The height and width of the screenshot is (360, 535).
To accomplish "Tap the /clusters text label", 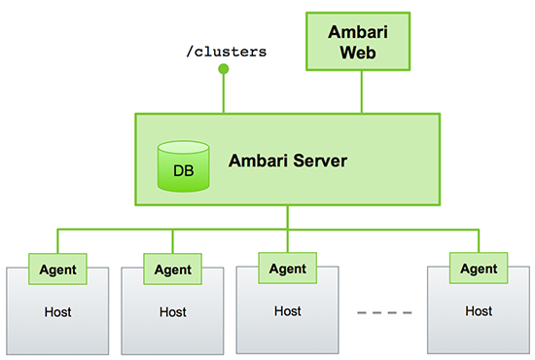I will (x=225, y=51).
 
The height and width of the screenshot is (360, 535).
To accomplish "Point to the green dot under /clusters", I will (x=224, y=69).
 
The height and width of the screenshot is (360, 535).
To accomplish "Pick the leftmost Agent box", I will (x=57, y=268).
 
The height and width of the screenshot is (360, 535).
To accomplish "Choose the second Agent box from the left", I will (x=173, y=268).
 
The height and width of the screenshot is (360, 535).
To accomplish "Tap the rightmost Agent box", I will (x=479, y=268).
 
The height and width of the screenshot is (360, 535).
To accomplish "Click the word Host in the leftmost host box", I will (x=57, y=312).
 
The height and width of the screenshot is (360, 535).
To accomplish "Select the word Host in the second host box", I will (x=173, y=312).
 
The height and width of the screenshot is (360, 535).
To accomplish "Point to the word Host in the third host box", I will (x=288, y=311).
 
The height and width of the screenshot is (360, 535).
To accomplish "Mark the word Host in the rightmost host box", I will (x=479, y=311).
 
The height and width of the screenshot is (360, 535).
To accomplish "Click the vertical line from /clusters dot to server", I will (x=224, y=93).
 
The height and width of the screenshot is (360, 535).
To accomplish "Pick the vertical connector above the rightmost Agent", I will (x=479, y=241).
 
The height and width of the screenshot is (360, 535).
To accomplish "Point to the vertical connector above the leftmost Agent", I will (x=57, y=241).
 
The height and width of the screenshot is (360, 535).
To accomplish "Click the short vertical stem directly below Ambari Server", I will (x=287, y=218).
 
